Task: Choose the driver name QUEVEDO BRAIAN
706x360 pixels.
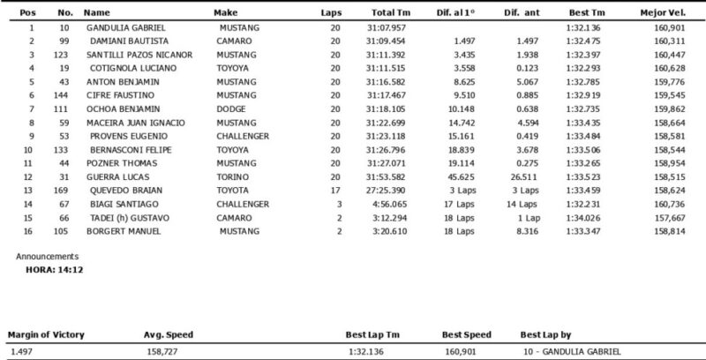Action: (x=123, y=189)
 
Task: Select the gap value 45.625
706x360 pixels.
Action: (x=463, y=176)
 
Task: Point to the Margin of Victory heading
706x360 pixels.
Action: (x=44, y=335)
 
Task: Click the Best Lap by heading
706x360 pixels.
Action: (x=547, y=335)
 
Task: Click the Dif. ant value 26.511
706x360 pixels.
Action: (x=524, y=176)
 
